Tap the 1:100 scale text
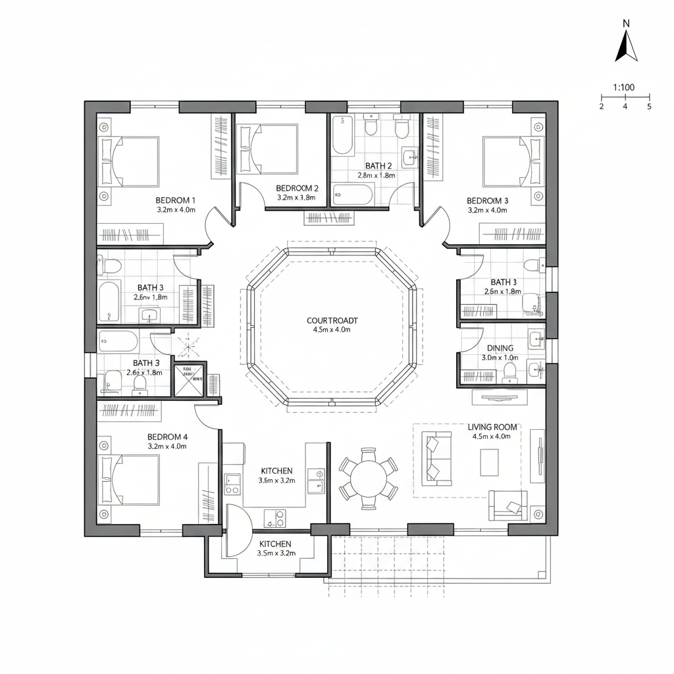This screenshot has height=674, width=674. pyautogui.click(x=623, y=87)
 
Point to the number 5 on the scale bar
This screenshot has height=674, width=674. pyautogui.click(x=649, y=107)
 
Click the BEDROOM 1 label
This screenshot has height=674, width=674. pyautogui.click(x=175, y=200)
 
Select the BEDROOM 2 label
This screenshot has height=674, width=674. pyautogui.click(x=297, y=188)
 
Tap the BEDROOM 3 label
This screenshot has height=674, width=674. pyautogui.click(x=487, y=200)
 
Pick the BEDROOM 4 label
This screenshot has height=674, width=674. pyautogui.click(x=167, y=436)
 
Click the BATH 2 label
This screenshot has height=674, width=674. pyautogui.click(x=378, y=166)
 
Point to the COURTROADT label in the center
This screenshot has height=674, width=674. pyautogui.click(x=332, y=321)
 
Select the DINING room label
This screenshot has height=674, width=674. pyautogui.click(x=500, y=348)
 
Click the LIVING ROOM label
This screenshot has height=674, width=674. pyautogui.click(x=493, y=427)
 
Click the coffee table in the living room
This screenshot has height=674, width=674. pyautogui.click(x=489, y=461)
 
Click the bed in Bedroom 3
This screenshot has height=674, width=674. pyautogui.click(x=512, y=161)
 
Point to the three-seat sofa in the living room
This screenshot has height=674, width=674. pyautogui.click(x=436, y=458)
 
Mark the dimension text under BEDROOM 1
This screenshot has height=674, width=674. pyautogui.click(x=175, y=210)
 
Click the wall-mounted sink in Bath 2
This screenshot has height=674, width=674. pyautogui.click(x=409, y=157)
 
